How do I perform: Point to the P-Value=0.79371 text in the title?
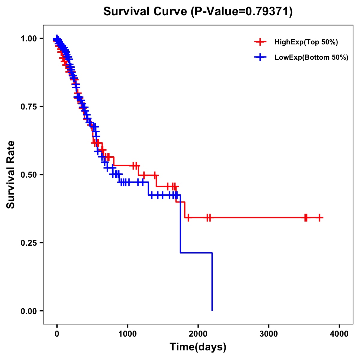pos(241,11)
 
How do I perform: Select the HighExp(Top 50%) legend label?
pos(306,42)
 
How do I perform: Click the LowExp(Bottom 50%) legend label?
pos(311,58)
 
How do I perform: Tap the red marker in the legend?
pos(260,42)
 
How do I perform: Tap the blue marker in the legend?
pos(260,58)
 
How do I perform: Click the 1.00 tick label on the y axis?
pos(29,38)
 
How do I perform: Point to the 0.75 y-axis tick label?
pos(29,106)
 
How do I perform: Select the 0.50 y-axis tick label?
pos(29,175)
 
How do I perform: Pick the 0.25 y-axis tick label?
pos(29,243)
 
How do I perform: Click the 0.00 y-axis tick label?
pos(29,311)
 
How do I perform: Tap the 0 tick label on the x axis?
pos(57,334)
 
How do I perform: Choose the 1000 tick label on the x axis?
pos(127,334)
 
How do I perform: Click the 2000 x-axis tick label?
pos(198,334)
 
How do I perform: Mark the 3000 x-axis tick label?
pos(268,334)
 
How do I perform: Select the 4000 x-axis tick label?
pos(339,334)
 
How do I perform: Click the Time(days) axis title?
pos(198,347)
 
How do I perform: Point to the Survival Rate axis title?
pos(11,175)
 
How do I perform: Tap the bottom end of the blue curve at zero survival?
pos(212,310)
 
